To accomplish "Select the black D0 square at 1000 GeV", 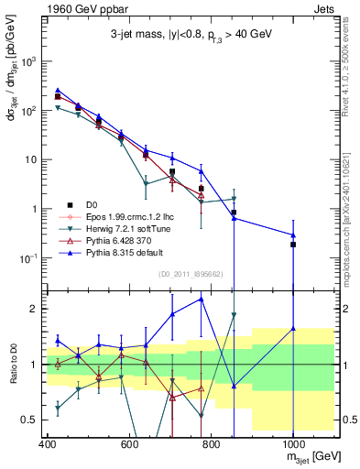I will (x=293, y=245).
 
